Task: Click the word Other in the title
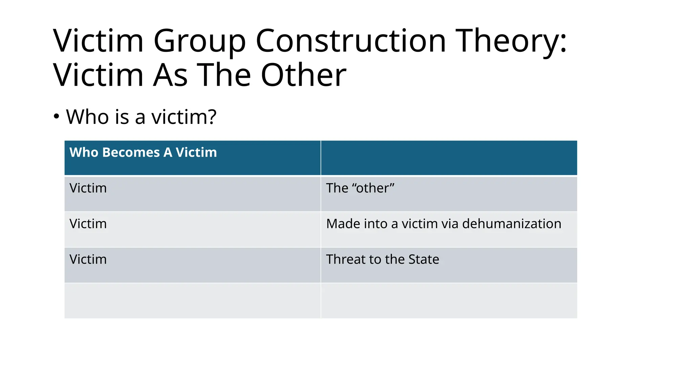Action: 304,75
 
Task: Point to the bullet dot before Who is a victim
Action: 57,117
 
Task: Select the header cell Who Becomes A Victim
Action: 143,153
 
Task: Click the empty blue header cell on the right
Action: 449,158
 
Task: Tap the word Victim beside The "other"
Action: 88,188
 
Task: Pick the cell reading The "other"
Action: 360,188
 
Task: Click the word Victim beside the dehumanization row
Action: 88,224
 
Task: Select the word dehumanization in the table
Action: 512,224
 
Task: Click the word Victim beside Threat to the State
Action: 88,259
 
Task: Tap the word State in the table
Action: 424,259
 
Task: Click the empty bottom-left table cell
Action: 192,301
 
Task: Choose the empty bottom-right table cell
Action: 449,301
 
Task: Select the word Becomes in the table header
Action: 131,153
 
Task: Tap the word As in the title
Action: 170,75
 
